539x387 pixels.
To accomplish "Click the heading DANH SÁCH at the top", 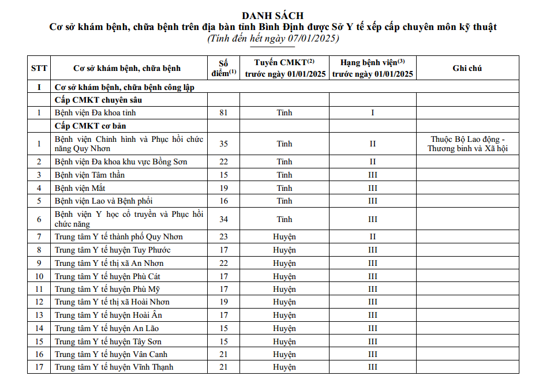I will (x=273, y=16).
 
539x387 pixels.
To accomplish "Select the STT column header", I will (x=39, y=68).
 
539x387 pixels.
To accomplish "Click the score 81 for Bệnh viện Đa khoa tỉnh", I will (x=224, y=113).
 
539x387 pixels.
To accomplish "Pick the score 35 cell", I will (x=224, y=144).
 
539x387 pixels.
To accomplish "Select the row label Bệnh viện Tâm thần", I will (x=89, y=175).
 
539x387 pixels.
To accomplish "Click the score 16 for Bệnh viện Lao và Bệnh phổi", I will (x=224, y=201).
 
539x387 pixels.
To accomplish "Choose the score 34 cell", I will (x=224, y=219).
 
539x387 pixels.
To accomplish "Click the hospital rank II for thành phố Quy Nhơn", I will (x=372, y=237).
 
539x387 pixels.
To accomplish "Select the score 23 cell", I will (x=224, y=237).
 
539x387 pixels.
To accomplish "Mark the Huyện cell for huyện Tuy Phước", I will (x=285, y=250).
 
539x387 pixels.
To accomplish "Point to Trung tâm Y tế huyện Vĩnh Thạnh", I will (x=114, y=367).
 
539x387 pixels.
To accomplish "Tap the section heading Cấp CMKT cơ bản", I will (x=90, y=126).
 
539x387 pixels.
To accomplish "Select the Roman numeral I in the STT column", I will (x=39, y=88).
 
